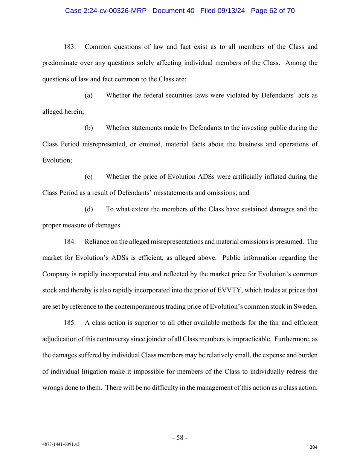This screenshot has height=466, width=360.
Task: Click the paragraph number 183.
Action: pyautogui.click(x=69, y=47)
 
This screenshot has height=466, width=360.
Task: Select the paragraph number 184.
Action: pyautogui.click(x=69, y=242)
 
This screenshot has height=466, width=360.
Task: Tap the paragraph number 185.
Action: pyautogui.click(x=69, y=323)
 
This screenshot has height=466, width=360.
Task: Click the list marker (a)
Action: pyautogui.click(x=88, y=95)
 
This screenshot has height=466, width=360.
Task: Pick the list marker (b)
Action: pyautogui.click(x=88, y=128)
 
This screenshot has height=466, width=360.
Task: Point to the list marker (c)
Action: pyautogui.click(x=88, y=177)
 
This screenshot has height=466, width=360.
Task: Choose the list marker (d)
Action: pyautogui.click(x=88, y=209)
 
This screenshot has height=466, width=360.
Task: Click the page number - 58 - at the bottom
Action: pyautogui.click(x=180, y=437)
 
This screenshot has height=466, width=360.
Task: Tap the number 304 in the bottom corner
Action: pyautogui.click(x=313, y=447)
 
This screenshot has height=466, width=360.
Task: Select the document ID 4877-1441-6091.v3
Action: pyautogui.click(x=61, y=444)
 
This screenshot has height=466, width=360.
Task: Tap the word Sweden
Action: pyautogui.click(x=307, y=306)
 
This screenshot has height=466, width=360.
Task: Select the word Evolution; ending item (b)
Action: pyautogui.click(x=57, y=160)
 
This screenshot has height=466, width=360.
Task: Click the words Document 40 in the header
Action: pyautogui.click(x=173, y=11)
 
